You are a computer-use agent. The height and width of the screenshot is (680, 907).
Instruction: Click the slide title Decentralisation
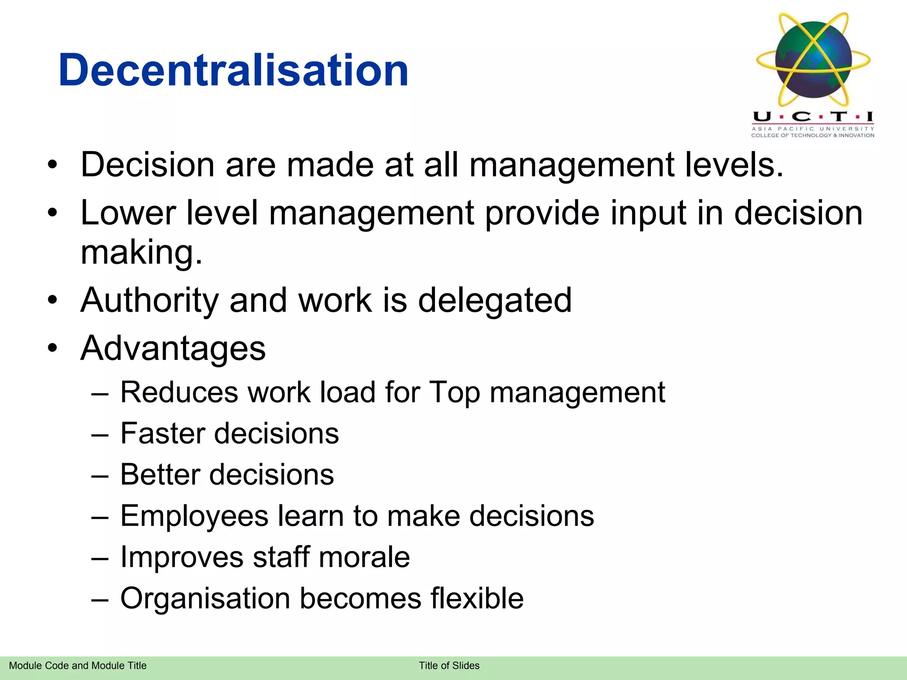pos(233,70)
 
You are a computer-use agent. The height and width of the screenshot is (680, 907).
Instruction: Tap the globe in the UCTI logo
pos(814,60)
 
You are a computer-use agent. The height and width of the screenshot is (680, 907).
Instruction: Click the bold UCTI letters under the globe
pos(813,117)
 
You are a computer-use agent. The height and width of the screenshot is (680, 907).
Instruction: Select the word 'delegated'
pos(495,301)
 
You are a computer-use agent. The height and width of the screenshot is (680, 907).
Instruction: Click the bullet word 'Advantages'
pos(173,348)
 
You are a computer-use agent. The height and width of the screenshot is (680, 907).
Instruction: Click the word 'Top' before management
pos(455,393)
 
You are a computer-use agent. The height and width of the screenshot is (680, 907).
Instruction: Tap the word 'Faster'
pos(163,433)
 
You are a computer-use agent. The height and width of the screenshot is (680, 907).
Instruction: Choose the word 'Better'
pos(160,475)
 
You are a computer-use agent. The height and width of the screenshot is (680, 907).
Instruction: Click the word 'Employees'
pos(194,516)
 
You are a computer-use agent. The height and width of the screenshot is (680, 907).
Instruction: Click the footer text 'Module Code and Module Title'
pos(78,666)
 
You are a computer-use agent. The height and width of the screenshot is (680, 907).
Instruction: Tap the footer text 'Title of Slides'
pos(449,666)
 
